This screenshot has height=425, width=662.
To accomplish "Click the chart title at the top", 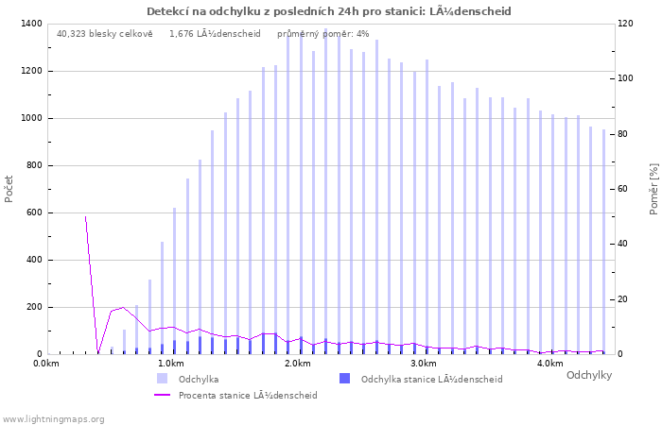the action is point(328,11).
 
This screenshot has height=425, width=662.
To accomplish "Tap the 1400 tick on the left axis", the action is point(31,24).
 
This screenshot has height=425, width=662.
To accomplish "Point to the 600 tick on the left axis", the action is point(34,212).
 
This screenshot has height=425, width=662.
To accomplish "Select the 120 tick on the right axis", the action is point(625,24).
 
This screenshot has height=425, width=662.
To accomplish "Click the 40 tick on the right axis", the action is point(622,244).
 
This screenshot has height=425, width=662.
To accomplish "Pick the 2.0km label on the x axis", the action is point(298,364).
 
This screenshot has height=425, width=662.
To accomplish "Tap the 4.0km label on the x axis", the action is point(551,364).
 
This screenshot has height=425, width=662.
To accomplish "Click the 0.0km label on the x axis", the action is point(46,364).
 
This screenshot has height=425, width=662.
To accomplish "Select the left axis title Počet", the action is point(9,189).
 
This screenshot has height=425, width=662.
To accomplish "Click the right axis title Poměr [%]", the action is point(653,189).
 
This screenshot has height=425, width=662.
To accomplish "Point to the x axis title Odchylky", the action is point(589,375).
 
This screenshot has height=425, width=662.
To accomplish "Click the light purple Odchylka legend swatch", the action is point(162,379).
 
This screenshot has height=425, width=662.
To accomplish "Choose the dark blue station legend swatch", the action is point(344,379).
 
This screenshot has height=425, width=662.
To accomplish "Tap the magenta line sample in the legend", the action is point(162,395).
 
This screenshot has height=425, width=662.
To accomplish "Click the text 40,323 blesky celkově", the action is point(105,34).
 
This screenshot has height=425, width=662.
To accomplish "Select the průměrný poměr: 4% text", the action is point(323,34).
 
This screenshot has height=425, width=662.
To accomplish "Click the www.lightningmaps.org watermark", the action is point(53,419).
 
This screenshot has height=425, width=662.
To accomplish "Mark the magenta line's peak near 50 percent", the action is point(86,216).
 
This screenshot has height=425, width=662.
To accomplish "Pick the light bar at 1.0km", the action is point(174,280).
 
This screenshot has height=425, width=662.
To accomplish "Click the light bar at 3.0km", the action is point(427,207).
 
